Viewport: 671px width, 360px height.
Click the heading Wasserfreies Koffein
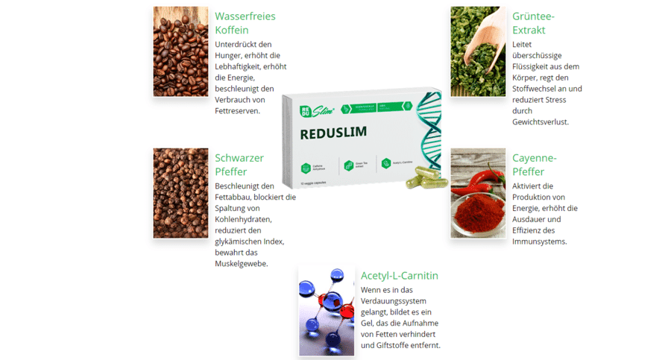(x=245, y=23)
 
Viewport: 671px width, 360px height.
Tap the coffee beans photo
(x=180, y=52)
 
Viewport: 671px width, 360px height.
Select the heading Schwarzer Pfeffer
(x=239, y=165)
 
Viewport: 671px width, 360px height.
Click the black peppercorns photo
(x=180, y=193)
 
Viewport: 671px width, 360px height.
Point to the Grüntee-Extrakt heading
(x=533, y=23)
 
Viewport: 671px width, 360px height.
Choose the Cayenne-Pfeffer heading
(x=535, y=165)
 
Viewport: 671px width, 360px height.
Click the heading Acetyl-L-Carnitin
(x=400, y=276)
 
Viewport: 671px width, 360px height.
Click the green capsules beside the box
(x=426, y=177)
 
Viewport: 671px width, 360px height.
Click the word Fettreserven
(x=237, y=110)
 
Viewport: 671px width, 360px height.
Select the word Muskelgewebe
(x=241, y=263)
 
